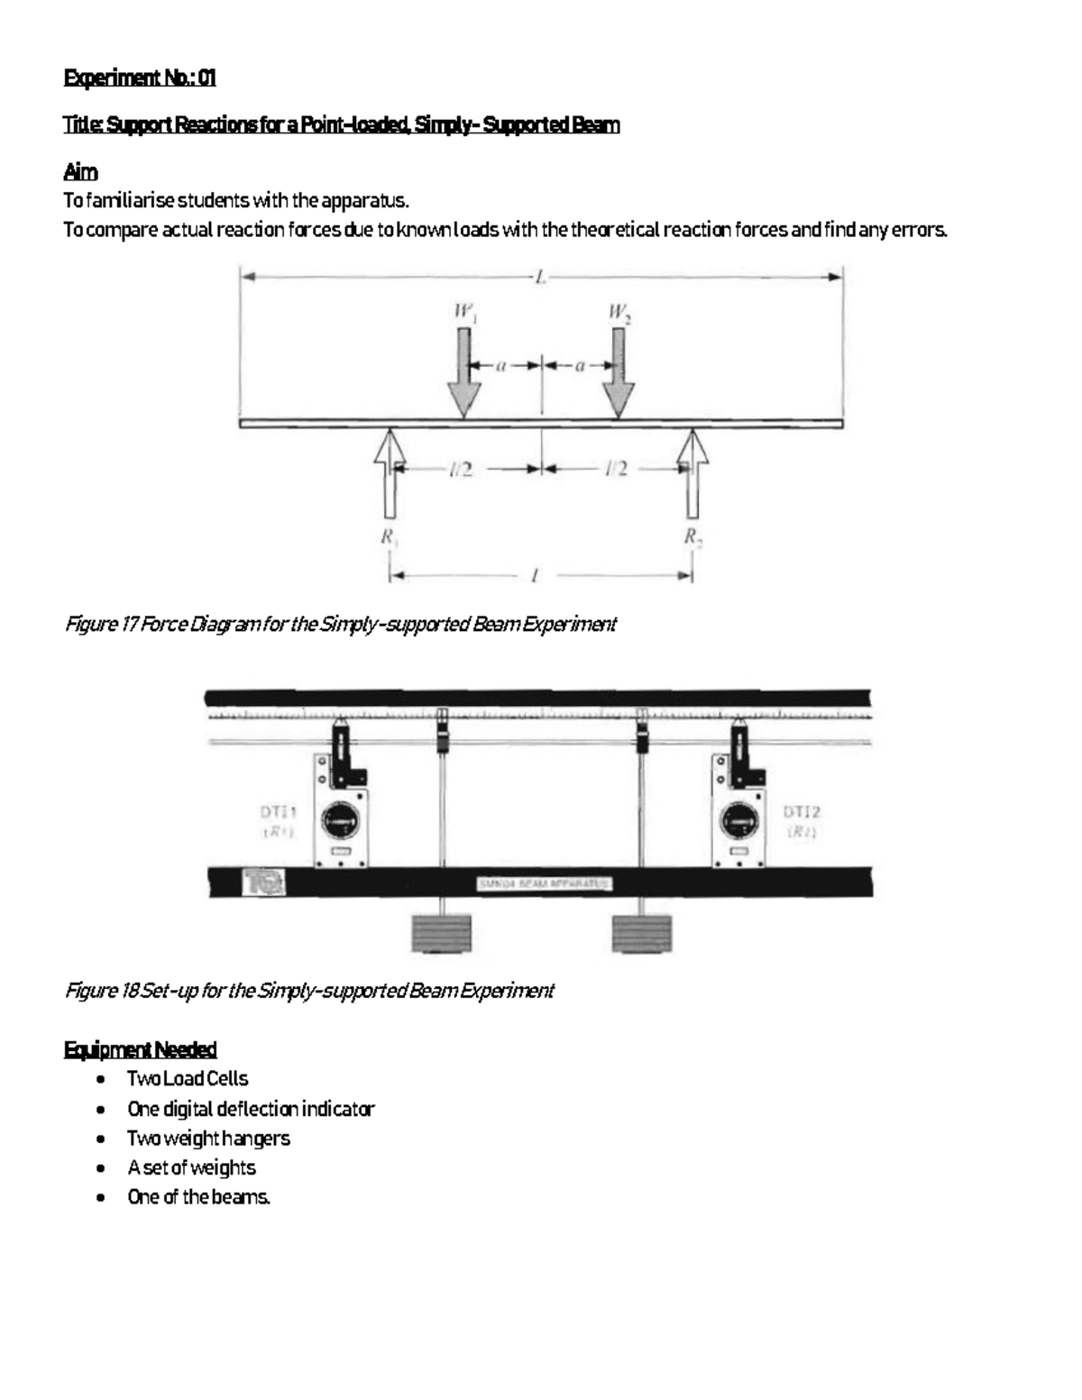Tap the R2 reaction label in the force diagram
coord(692,537)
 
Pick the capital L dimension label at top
coord(540,279)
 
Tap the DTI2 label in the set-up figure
coord(802,811)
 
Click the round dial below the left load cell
coord(341,821)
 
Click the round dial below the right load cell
coord(740,821)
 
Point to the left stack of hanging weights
coord(442,933)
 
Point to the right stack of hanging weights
coord(642,933)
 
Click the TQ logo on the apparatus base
coord(264,881)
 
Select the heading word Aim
coord(80,171)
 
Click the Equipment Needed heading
coord(140,1049)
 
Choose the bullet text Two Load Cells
coord(187,1078)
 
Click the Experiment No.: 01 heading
coord(140,78)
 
